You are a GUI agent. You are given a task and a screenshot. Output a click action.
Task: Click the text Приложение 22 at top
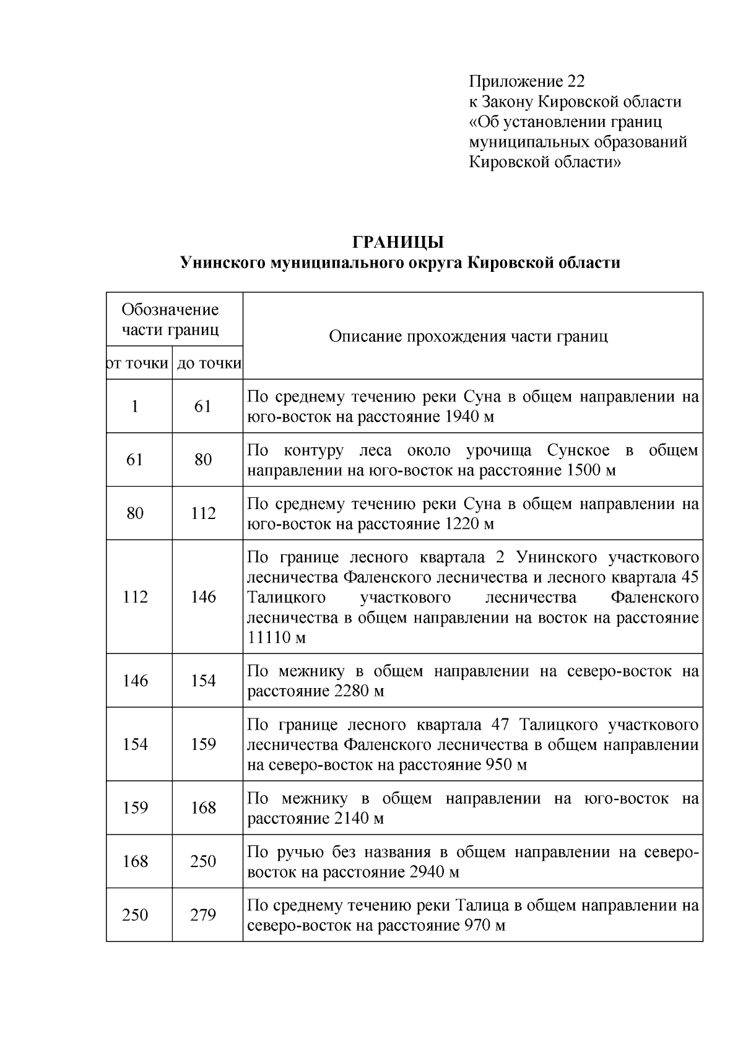[526, 81]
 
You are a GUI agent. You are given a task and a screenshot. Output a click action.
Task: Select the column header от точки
[138, 364]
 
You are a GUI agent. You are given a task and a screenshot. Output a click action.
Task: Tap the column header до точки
[209, 364]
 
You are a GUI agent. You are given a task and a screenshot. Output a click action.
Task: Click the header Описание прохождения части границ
[468, 336]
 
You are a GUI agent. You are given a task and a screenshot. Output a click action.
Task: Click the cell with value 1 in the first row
[135, 406]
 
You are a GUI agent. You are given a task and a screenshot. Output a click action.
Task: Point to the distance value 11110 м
[277, 638]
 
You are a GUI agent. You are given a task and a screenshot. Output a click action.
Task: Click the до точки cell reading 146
[203, 597]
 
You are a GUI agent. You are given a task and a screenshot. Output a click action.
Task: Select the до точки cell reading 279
[203, 915]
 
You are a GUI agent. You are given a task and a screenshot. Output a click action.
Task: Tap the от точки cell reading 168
[135, 861]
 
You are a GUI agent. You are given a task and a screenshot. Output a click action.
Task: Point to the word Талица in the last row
[480, 905]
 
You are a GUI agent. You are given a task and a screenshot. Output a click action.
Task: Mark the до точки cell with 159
[203, 744]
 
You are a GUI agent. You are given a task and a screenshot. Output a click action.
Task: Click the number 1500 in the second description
[583, 470]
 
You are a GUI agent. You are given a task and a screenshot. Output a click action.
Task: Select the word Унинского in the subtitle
[222, 263]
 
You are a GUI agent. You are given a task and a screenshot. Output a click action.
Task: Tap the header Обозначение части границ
[170, 319]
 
